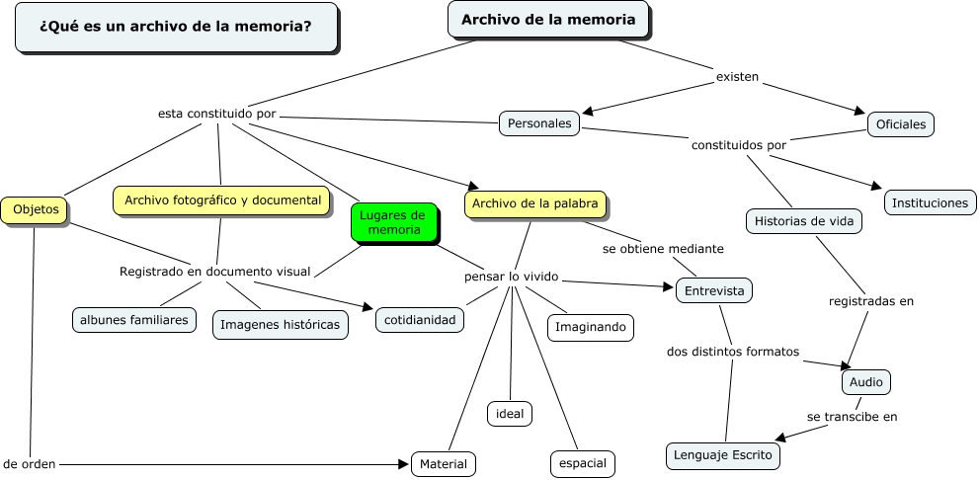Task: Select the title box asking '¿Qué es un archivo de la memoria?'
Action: click(x=176, y=27)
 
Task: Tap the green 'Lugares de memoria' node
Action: click(x=394, y=222)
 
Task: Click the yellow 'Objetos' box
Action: click(x=36, y=209)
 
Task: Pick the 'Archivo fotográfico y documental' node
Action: click(x=222, y=200)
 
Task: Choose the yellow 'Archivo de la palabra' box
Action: click(x=535, y=204)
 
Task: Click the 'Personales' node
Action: click(x=539, y=123)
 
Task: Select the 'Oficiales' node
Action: click(x=900, y=124)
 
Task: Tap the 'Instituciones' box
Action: click(x=930, y=202)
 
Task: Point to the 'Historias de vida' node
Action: click(x=803, y=221)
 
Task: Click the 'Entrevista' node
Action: click(x=713, y=290)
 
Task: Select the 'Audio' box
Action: click(x=865, y=381)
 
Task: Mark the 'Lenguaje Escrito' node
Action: click(x=723, y=455)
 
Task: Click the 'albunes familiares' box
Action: click(x=134, y=320)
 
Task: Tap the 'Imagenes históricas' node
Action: click(x=281, y=324)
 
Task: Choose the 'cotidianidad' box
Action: click(x=420, y=320)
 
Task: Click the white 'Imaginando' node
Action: click(x=590, y=327)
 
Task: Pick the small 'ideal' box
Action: click(x=510, y=413)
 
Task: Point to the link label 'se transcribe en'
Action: click(x=852, y=417)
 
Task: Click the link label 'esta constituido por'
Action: click(x=216, y=114)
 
